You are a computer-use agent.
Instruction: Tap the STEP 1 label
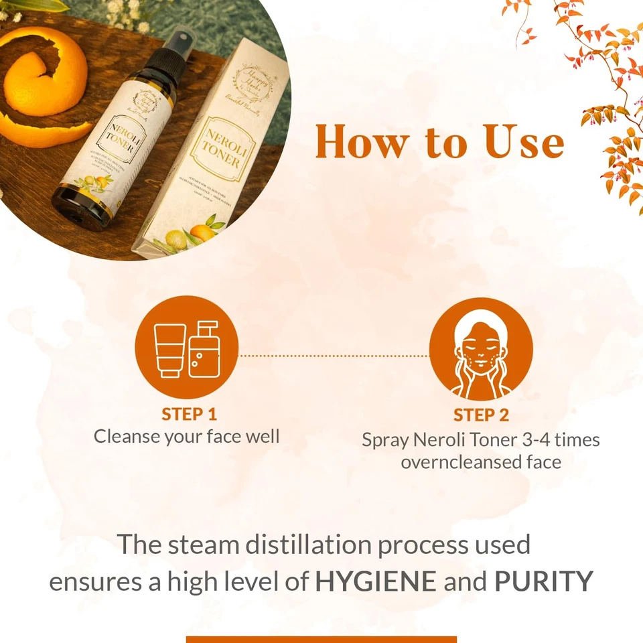pyautogui.click(x=189, y=414)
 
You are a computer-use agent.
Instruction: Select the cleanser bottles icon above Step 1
pyautogui.click(x=187, y=348)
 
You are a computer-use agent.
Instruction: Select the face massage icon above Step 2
pyautogui.click(x=480, y=349)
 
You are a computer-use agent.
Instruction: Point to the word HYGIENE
pyautogui.click(x=375, y=581)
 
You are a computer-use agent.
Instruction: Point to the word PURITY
pyautogui.click(x=543, y=581)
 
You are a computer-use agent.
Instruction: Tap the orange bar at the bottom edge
pyautogui.click(x=321, y=639)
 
